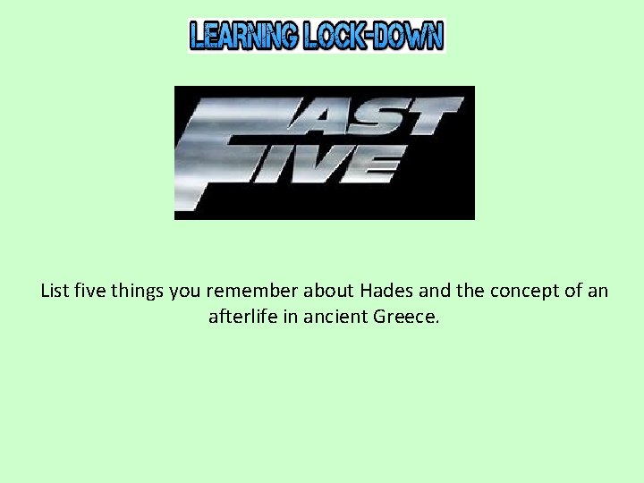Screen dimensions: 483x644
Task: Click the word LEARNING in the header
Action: click(x=243, y=36)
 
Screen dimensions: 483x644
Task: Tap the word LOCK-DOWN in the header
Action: click(x=373, y=36)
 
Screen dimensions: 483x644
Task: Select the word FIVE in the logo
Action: click(x=322, y=165)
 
